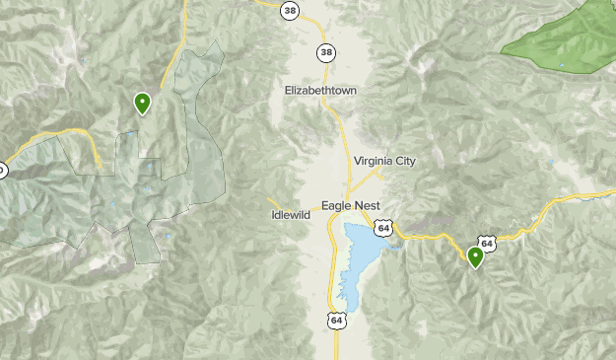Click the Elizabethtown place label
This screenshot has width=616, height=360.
(320, 90)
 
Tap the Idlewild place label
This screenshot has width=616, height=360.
(291, 214)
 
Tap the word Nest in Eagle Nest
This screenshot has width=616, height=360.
(378, 206)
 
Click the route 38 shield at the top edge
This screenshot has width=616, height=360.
(289, 11)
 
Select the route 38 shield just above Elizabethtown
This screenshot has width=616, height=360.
(324, 52)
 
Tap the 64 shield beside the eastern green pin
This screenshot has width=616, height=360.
(487, 243)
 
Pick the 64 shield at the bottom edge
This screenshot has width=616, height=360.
(338, 322)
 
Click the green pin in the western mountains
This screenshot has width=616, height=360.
(143, 102)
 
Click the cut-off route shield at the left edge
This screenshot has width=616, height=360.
(2, 171)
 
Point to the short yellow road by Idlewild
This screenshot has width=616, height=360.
(276, 203)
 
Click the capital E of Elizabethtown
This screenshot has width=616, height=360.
(288, 90)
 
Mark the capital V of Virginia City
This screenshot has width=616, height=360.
(358, 161)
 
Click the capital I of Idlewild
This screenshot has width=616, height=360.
(273, 214)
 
